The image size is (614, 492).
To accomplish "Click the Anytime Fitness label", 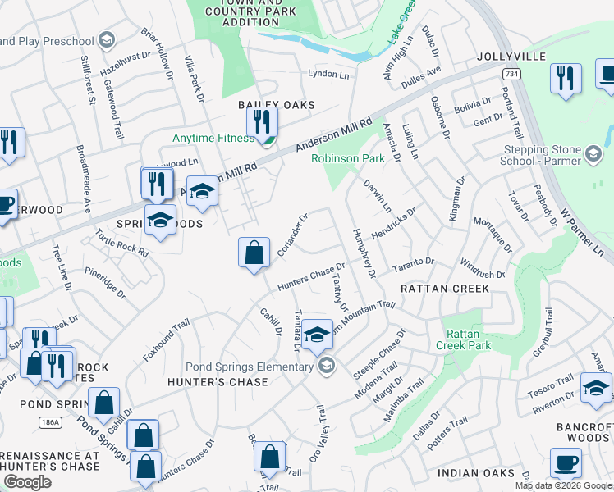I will point(213,138).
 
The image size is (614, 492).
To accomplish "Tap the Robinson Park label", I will point(348,158).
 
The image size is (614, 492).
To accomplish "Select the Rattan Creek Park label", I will point(468,339).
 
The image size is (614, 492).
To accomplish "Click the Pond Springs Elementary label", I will point(250,366).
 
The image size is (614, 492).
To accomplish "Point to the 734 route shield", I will point(510,75).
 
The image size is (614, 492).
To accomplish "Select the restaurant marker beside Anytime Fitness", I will point(262,123).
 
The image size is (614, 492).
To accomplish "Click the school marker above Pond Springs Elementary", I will point(317,334).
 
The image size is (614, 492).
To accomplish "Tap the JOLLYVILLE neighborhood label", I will point(511,57).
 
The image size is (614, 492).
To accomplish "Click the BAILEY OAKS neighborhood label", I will point(276,105).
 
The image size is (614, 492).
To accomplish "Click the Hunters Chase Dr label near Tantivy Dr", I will point(310,276).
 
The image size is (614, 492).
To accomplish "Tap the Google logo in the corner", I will point(27,481).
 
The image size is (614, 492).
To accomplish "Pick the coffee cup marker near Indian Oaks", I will point(566,462).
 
